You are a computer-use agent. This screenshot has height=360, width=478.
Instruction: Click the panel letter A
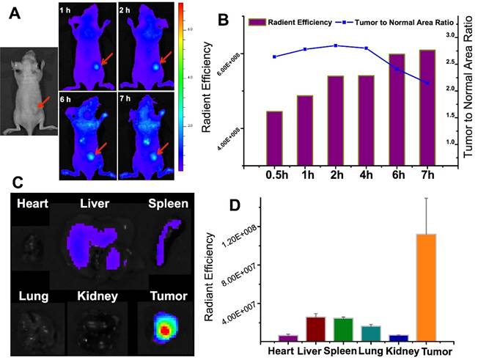click(13, 15)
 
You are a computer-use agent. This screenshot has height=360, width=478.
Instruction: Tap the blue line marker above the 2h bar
click(335, 45)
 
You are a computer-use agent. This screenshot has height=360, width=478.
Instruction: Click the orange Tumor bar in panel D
click(426, 287)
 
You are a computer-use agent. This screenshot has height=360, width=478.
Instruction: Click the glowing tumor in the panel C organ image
click(164, 329)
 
